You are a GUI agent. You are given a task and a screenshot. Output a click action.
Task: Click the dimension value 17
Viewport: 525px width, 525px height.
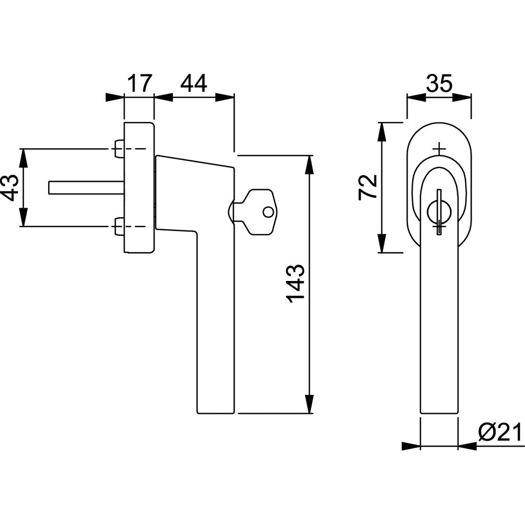pos(139,83)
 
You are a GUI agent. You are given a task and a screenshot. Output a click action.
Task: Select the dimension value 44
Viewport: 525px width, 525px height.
pos(193,83)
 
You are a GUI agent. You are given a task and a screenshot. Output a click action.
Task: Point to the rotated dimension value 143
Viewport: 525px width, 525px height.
pos(296,284)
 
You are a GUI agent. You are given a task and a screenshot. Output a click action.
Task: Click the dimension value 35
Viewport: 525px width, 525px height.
pos(439,83)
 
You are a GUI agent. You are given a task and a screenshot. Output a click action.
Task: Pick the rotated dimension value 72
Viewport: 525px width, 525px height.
pos(368,188)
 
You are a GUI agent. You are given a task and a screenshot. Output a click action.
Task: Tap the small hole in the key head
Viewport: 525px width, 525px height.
pos(267,212)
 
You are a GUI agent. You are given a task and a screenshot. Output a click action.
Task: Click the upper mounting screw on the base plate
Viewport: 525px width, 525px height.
pos(118,149)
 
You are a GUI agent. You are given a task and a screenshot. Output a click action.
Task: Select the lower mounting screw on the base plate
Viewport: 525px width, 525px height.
pos(118,226)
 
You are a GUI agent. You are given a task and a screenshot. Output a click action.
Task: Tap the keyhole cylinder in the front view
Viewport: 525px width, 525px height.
pos(439,211)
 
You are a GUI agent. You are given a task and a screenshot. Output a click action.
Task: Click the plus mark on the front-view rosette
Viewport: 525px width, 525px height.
pos(439,149)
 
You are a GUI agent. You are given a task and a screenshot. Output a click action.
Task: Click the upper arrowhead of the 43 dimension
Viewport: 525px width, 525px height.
pos(23,157)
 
